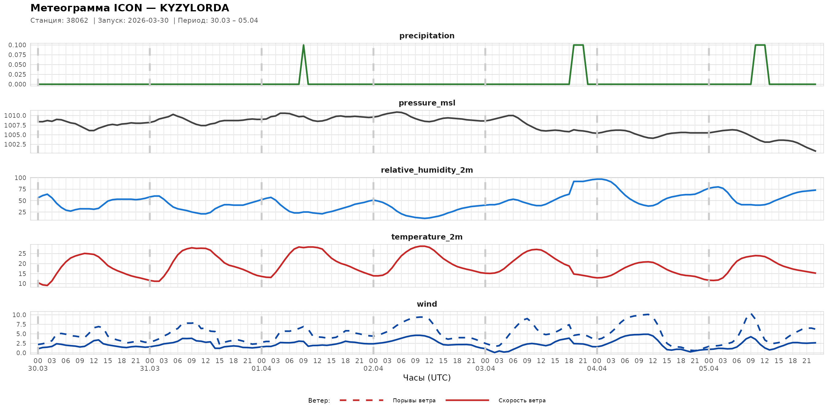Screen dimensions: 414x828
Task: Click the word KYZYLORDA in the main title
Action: [194, 8]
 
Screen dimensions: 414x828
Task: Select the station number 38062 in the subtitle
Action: [77, 21]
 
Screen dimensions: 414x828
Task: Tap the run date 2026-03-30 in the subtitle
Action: [148, 21]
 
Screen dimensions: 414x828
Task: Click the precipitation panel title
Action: [427, 36]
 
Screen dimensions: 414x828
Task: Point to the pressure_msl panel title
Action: [427, 103]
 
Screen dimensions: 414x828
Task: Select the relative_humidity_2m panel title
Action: [427, 170]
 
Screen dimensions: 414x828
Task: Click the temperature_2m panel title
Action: [427, 237]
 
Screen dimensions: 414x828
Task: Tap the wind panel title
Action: [427, 304]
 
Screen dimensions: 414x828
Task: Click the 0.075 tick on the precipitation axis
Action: [17, 55]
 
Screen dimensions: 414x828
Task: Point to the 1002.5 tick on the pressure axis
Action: [15, 145]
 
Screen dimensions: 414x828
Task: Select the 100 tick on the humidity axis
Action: [20, 178]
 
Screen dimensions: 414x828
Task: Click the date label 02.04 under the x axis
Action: [373, 369]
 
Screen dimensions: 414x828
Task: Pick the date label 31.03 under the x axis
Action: [149, 369]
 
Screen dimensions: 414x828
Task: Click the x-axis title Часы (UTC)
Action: [427, 378]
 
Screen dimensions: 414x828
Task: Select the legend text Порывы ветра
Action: [414, 401]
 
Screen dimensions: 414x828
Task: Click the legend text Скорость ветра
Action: [522, 401]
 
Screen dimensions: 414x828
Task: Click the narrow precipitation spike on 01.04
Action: [303, 47]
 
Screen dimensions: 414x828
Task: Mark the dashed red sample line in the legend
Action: [361, 401]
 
